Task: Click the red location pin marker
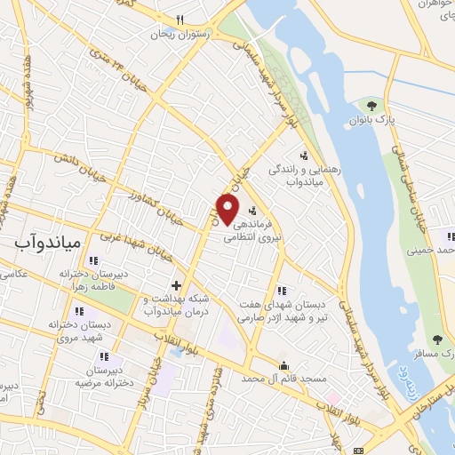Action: (x=228, y=209)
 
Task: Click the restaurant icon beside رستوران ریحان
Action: (x=180, y=20)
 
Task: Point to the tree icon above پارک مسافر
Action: (x=436, y=339)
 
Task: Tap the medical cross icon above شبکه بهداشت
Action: (x=176, y=285)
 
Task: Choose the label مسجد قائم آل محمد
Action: (x=283, y=379)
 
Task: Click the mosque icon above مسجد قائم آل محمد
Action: (x=283, y=364)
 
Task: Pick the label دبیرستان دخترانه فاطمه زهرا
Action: (x=89, y=281)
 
